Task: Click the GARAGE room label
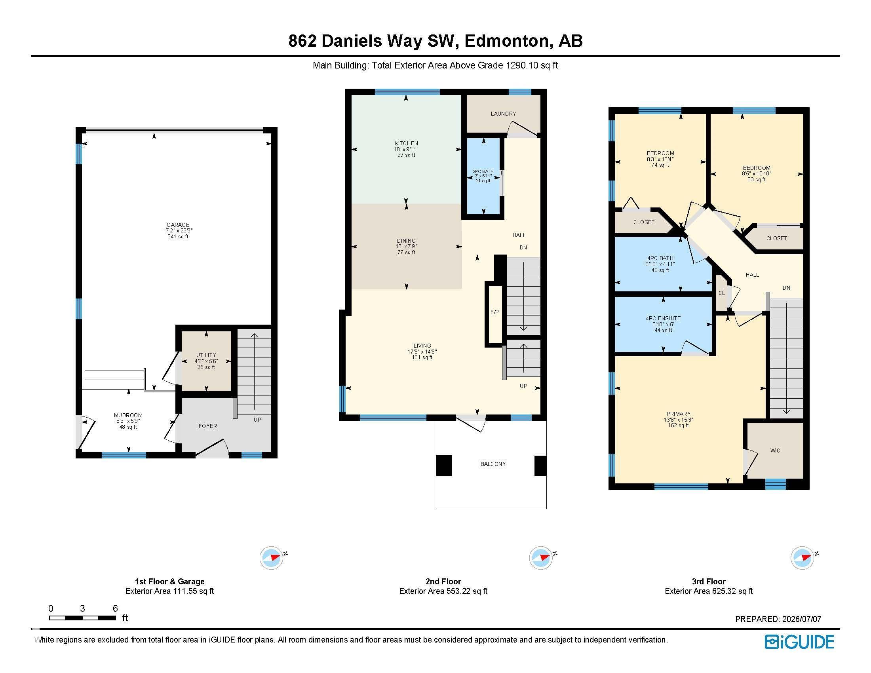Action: [x=178, y=225]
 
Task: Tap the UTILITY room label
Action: [x=206, y=355]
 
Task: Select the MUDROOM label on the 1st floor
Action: [x=128, y=415]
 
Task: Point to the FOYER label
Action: [x=208, y=426]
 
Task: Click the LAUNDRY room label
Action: [x=503, y=114]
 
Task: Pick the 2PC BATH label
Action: [x=483, y=171]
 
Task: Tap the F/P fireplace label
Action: [x=494, y=312]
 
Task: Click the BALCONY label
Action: [x=493, y=464]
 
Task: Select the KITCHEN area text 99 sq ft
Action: [x=406, y=155]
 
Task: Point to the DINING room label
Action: [x=406, y=241]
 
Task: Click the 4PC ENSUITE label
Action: [x=663, y=319]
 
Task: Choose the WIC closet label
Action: [x=775, y=451]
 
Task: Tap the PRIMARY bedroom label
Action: [x=678, y=414]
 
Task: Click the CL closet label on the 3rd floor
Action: [x=721, y=293]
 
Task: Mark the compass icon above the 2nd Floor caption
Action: [x=541, y=557]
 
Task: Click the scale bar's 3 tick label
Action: [x=82, y=608]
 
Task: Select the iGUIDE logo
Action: [x=799, y=642]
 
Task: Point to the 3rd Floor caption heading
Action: [x=709, y=581]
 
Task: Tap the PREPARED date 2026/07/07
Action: [x=802, y=619]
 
